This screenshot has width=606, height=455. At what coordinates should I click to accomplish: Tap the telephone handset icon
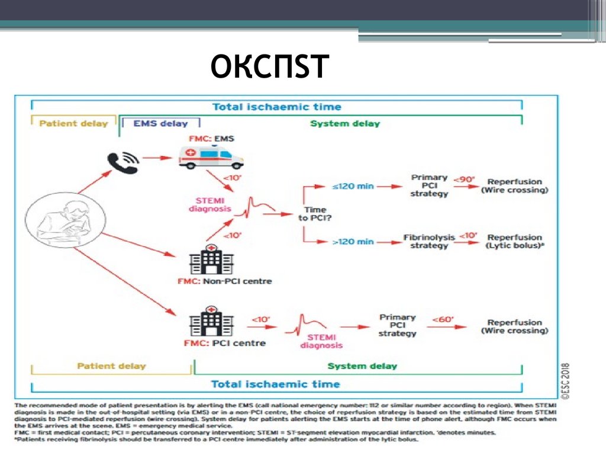coord(123,162)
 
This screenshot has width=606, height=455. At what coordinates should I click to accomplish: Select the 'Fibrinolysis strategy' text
coord(429,241)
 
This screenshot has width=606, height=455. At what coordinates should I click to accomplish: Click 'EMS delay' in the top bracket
coord(160,124)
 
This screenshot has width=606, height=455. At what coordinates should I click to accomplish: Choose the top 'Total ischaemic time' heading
coord(276,107)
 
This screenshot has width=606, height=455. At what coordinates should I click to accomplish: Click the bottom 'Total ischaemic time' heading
coord(275,384)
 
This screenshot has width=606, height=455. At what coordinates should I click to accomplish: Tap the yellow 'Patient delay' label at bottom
coord(111,366)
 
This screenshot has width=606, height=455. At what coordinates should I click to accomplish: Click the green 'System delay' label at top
coord(345,124)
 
